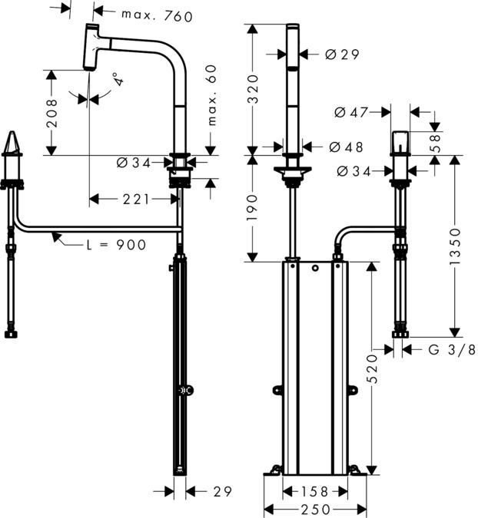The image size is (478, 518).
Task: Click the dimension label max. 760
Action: point(156,14)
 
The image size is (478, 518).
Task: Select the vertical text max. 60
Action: point(211,95)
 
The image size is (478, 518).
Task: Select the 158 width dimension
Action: point(314,491)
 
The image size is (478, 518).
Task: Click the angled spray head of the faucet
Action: point(94,48)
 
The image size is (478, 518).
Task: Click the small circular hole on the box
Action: point(315,269)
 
